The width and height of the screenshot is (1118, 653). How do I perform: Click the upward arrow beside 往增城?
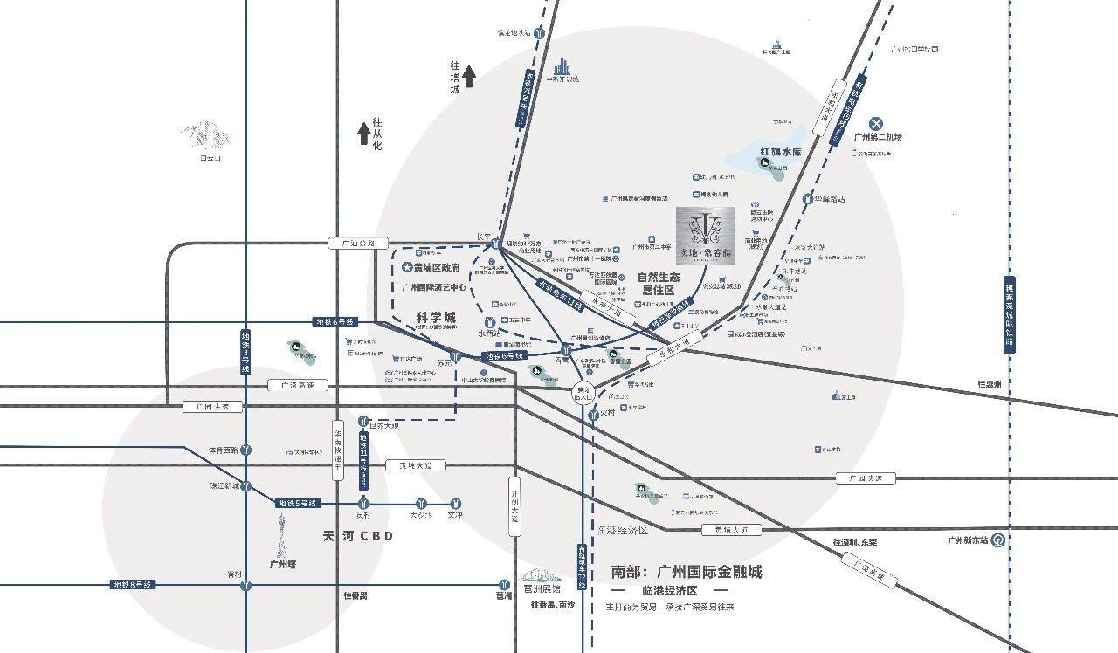click(x=469, y=77)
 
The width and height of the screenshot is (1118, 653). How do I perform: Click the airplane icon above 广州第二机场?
click(x=878, y=123)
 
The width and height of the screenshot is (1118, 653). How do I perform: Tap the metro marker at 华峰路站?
click(x=807, y=199)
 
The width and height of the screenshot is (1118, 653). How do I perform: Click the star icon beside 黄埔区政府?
click(x=406, y=268)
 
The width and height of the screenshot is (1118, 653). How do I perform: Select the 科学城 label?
click(x=436, y=318)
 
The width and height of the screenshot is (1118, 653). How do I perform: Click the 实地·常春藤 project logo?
click(x=707, y=235)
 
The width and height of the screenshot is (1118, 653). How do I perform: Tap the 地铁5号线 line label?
click(x=298, y=504)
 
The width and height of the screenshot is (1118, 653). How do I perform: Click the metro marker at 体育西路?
click(x=247, y=450)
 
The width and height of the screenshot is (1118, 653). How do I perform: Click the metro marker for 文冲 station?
click(x=455, y=504)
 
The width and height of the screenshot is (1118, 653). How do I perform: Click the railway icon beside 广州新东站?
click(x=998, y=540)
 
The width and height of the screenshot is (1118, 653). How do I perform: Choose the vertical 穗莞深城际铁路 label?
click(x=1010, y=314)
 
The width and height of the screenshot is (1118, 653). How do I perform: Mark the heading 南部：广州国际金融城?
click(x=687, y=572)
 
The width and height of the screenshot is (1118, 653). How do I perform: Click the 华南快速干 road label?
click(x=337, y=447)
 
